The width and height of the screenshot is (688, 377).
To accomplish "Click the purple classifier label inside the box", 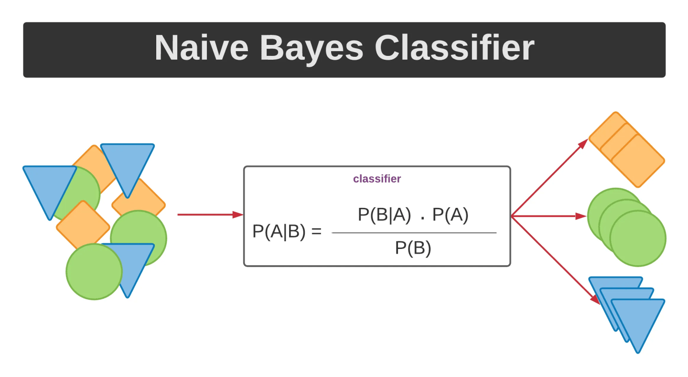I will (377, 179).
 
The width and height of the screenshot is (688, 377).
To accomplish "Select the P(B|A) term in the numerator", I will (384, 215).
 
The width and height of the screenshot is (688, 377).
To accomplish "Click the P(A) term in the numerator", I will (450, 215).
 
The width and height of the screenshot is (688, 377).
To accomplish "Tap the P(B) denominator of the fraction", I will (413, 248).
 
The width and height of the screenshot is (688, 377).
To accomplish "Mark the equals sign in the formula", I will (316, 232).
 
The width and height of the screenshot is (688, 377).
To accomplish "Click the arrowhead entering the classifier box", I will (238, 215).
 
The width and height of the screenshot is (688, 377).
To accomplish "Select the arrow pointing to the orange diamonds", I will (549, 177).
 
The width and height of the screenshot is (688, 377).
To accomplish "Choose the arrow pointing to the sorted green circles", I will (549, 216).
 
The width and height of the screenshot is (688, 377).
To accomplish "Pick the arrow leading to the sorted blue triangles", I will (554, 259).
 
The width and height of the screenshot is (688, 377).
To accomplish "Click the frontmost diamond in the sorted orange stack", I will (638, 161).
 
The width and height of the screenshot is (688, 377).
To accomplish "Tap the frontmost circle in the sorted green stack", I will (638, 238).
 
